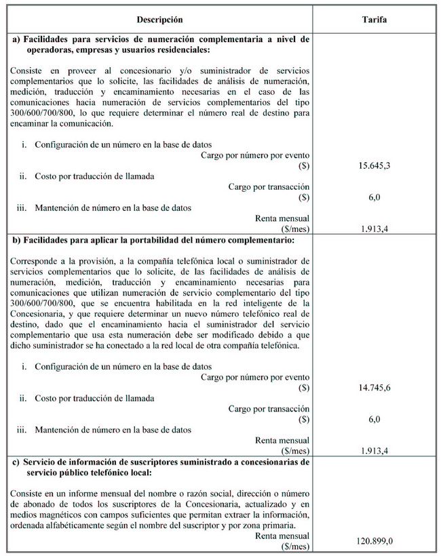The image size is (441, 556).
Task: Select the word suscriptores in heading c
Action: click(140, 462)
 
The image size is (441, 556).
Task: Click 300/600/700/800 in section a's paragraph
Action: click(43, 113)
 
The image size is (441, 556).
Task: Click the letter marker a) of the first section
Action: click(17, 39)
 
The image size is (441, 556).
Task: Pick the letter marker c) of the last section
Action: click(17, 462)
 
